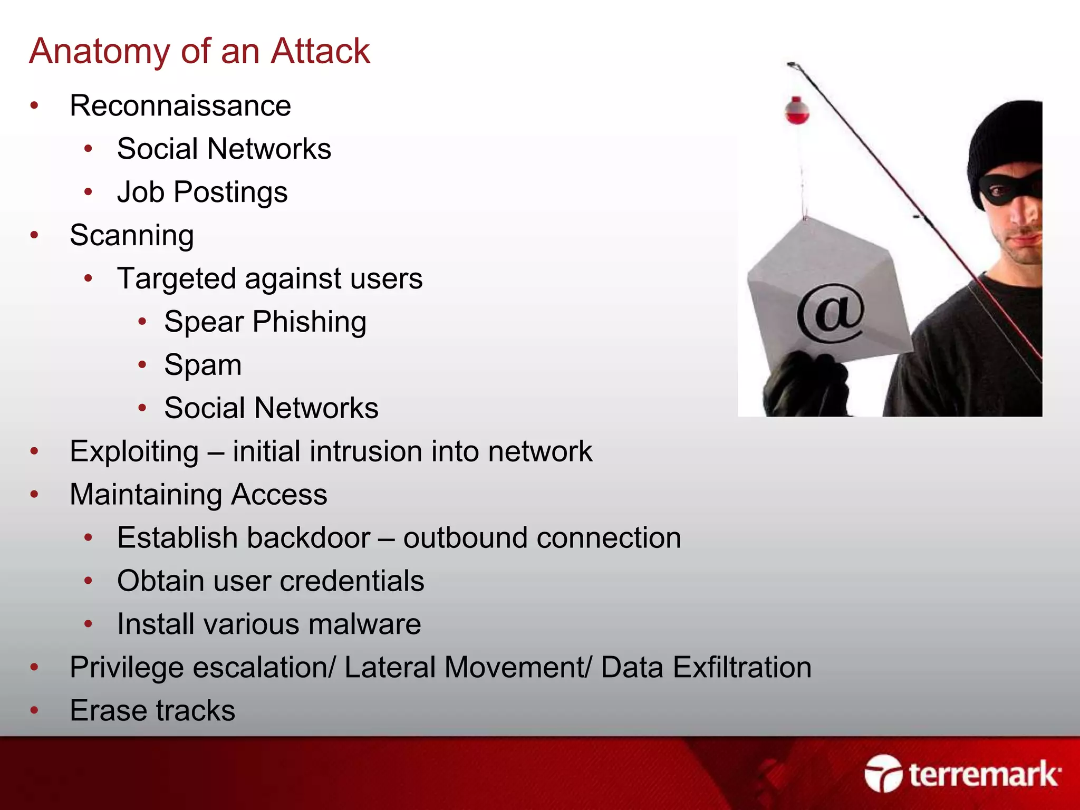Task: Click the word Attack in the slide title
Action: [x=320, y=51]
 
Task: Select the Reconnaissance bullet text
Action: [x=180, y=105]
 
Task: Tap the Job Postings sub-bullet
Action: [x=202, y=192]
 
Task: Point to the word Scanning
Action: [x=132, y=235]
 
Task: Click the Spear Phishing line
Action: [x=265, y=322]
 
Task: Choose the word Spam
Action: [x=203, y=365]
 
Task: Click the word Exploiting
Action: [x=134, y=452]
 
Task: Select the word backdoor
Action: [x=308, y=538]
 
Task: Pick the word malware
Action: [x=365, y=624]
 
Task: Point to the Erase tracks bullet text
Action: [x=152, y=711]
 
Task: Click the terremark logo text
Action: [x=984, y=775]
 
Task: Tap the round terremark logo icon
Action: [x=883, y=774]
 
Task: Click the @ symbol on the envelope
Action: [x=831, y=312]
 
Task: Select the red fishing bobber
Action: [x=797, y=110]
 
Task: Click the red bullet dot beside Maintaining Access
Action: [x=35, y=495]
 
